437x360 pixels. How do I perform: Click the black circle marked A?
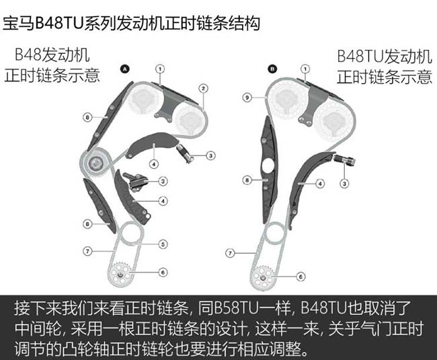pyautogui.click(x=125, y=69)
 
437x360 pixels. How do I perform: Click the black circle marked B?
pyautogui.click(x=272, y=69)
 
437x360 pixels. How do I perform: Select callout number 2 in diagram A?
pyautogui.click(x=203, y=89)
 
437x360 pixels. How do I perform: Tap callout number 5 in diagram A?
pyautogui.click(x=163, y=244)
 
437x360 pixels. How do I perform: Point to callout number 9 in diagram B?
pyautogui.click(x=247, y=98)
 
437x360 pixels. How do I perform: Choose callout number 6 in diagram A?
pyautogui.click(x=163, y=272)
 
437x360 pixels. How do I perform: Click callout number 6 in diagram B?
pyautogui.click(x=301, y=277)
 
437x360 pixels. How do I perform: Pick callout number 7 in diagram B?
pyautogui.click(x=230, y=253)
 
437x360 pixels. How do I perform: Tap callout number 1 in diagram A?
pyautogui.click(x=160, y=69)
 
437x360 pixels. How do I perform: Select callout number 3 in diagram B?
pyautogui.click(x=344, y=184)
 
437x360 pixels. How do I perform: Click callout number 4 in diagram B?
pyautogui.click(x=320, y=184)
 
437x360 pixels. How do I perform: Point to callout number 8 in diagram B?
pyautogui.click(x=247, y=180)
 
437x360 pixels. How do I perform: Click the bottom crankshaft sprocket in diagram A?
pyautogui.click(x=120, y=274)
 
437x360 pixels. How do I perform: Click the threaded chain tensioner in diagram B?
pyautogui.click(x=344, y=159)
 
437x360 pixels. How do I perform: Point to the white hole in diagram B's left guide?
pyautogui.click(x=268, y=166)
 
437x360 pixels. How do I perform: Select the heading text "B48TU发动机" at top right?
pyautogui.click(x=385, y=57)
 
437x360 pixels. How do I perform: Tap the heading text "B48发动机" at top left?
pyautogui.click(x=52, y=55)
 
